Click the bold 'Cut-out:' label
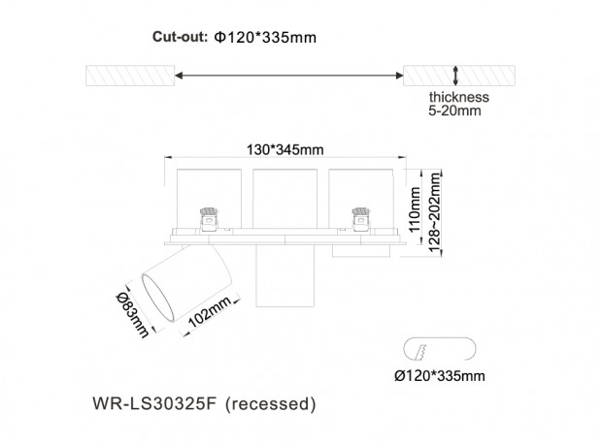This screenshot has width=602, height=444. pyautogui.click(x=180, y=37)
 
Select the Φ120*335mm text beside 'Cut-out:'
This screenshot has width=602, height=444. pyautogui.click(x=265, y=38)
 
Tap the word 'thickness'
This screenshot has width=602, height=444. pyautogui.click(x=459, y=97)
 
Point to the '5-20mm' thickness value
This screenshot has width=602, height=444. pyautogui.click(x=454, y=111)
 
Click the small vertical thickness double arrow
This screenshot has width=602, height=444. pyautogui.click(x=455, y=76)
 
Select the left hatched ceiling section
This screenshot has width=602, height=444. pyautogui.click(x=130, y=76)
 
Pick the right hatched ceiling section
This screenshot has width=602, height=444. pyautogui.click(x=459, y=76)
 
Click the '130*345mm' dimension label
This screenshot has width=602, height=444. pyautogui.click(x=284, y=149)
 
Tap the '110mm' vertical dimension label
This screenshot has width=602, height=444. pyautogui.click(x=415, y=209)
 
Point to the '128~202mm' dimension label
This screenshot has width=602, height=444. pyautogui.click(x=434, y=212)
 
